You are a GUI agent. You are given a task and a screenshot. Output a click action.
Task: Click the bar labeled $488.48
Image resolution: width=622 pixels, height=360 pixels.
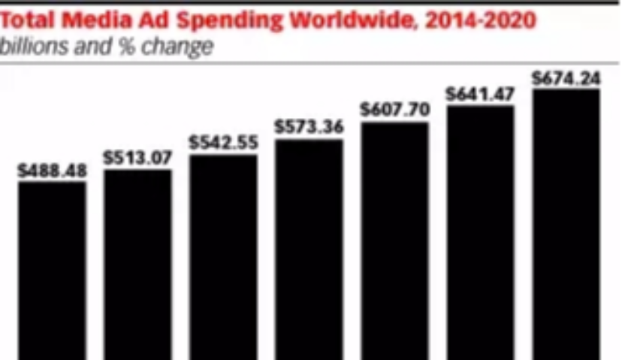(x=52, y=271)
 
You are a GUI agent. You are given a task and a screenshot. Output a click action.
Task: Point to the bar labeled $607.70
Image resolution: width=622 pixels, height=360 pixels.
(x=394, y=241)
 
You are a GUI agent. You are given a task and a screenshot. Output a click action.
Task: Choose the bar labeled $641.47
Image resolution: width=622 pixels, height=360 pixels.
(x=480, y=232)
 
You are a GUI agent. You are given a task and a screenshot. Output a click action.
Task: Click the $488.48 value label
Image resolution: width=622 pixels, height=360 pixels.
(x=52, y=171)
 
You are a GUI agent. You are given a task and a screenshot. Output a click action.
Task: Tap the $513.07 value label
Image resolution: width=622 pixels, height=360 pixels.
(x=137, y=158)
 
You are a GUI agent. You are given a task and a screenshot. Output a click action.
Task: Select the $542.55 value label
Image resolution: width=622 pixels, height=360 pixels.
(x=223, y=143)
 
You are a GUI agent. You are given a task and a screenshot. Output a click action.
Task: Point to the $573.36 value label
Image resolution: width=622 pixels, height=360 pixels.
(x=309, y=127)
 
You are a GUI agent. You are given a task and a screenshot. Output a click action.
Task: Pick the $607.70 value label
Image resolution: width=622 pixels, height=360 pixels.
(x=394, y=110)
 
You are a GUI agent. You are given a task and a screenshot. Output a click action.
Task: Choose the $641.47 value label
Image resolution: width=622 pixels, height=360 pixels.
(x=480, y=95)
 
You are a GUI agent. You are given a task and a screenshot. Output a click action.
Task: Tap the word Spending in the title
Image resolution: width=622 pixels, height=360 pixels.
(x=215, y=20)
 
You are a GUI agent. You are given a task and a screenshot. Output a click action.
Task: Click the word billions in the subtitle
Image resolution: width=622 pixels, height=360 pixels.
(x=29, y=47)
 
